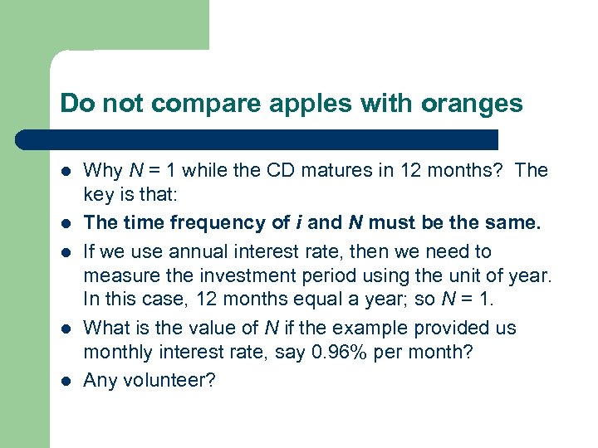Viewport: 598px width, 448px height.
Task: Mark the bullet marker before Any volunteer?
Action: coord(65,382)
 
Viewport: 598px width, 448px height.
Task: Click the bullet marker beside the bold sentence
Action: coord(65,223)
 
